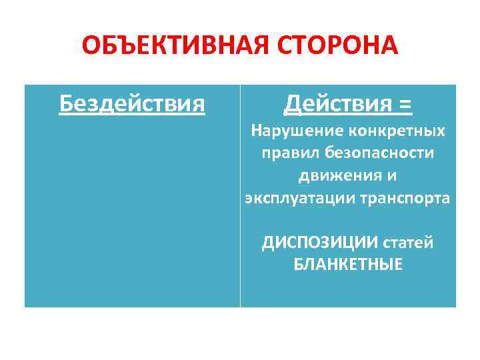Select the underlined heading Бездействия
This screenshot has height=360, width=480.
coord(132,103)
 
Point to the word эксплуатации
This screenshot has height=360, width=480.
coord(293,199)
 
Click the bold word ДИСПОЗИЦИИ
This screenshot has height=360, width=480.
coord(313,243)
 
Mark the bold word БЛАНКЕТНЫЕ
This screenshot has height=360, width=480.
coord(348,265)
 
